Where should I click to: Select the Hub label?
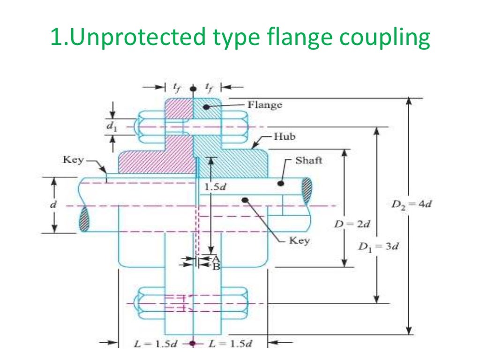285,137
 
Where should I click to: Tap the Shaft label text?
308,161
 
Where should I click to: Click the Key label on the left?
73,160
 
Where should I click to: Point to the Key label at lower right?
299,241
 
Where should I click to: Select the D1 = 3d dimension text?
378,247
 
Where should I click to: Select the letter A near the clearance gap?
216,259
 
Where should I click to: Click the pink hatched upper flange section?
179,110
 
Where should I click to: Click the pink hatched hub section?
155,159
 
